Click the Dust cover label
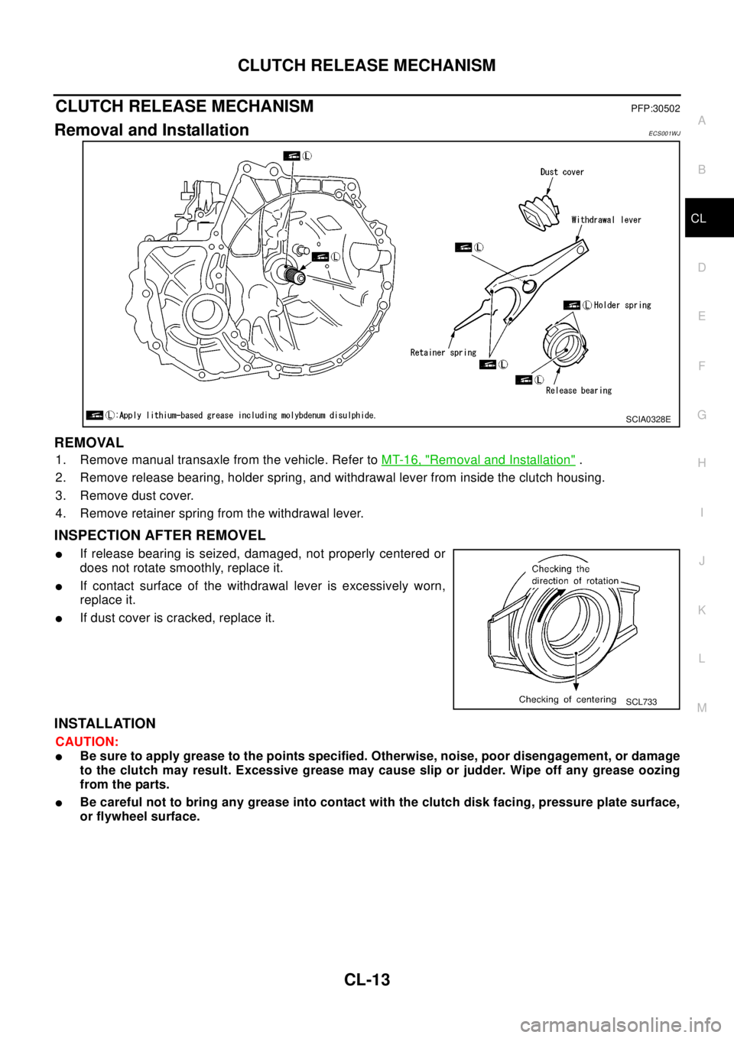point(562,172)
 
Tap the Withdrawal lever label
point(606,220)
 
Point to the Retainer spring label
point(443,353)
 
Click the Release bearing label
point(579,391)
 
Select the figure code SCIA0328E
point(648,419)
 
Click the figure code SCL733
point(641,702)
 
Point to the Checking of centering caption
point(567,699)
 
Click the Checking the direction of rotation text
point(574,575)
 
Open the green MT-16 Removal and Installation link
point(478,459)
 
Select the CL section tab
point(698,219)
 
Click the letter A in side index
point(701,121)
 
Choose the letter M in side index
point(701,708)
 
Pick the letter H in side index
point(701,463)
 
